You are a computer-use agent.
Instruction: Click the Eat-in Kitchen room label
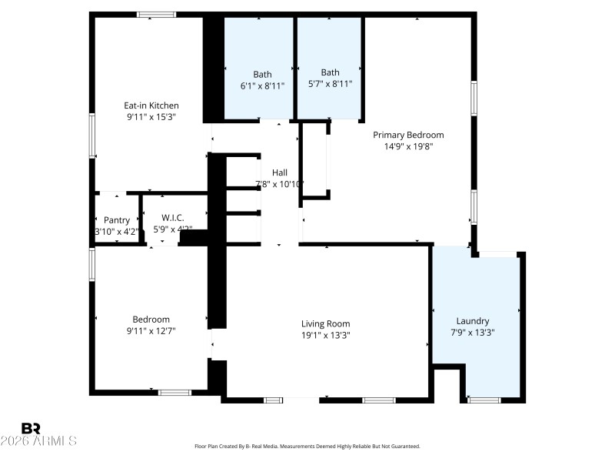pos(151,105)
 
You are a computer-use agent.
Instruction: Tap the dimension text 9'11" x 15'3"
pos(151,118)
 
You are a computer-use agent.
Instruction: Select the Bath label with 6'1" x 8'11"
pos(262,74)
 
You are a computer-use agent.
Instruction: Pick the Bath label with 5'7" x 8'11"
pos(330,72)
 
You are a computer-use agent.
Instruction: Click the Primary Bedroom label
pos(408,135)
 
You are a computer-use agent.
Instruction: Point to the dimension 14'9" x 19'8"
pos(408,146)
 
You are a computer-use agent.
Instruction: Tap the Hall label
pos(280,172)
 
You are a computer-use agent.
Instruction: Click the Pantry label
pos(117,220)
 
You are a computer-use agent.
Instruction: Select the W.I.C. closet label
pos(173,219)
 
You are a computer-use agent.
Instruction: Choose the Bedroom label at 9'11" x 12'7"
pos(151,320)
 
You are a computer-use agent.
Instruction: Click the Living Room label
pos(325,323)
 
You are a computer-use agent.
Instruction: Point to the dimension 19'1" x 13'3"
pos(325,335)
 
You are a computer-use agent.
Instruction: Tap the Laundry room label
pos(472,321)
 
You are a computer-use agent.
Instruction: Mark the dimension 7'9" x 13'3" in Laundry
pos(472,333)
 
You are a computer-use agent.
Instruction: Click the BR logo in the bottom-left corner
pos(31,428)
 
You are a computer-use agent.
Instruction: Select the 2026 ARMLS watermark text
pos(38,441)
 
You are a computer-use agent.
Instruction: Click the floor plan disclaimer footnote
pos(307,447)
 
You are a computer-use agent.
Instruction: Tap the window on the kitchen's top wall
pos(156,15)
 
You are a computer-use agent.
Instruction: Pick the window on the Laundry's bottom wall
pos(484,400)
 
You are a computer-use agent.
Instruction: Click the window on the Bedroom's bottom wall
pos(175,393)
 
